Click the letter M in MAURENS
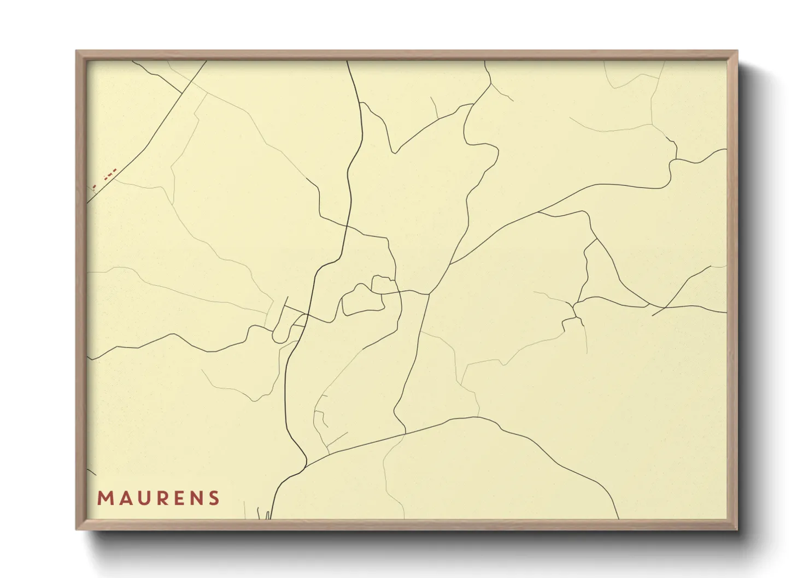[x=104, y=498]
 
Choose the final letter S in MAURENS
[x=214, y=498]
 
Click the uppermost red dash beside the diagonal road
[x=115, y=171]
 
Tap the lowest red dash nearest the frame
[x=94, y=187]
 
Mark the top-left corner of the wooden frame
[x=77, y=51]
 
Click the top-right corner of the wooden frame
[x=737, y=51]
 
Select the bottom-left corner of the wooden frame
[x=77, y=529]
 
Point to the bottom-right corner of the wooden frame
[x=737, y=529]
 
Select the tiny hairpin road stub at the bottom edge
[x=268, y=515]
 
